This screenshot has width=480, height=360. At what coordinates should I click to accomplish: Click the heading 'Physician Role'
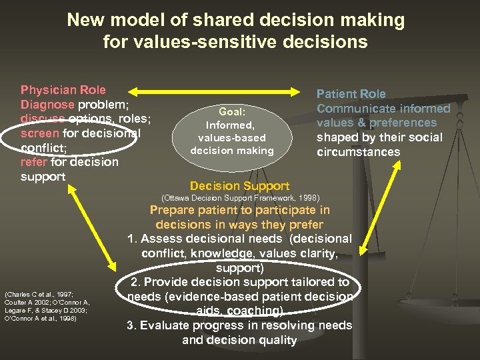(63, 90)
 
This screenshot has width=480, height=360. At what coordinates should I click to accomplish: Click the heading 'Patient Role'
(351, 94)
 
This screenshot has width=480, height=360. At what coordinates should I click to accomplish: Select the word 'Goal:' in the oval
(231, 113)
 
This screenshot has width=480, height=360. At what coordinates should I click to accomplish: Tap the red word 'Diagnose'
(47, 105)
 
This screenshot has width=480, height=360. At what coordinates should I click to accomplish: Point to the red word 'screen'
(40, 133)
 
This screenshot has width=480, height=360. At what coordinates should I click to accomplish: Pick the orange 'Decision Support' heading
(239, 186)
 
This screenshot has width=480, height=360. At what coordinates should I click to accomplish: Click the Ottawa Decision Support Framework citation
(241, 199)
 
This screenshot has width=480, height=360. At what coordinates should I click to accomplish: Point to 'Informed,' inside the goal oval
(231, 125)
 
